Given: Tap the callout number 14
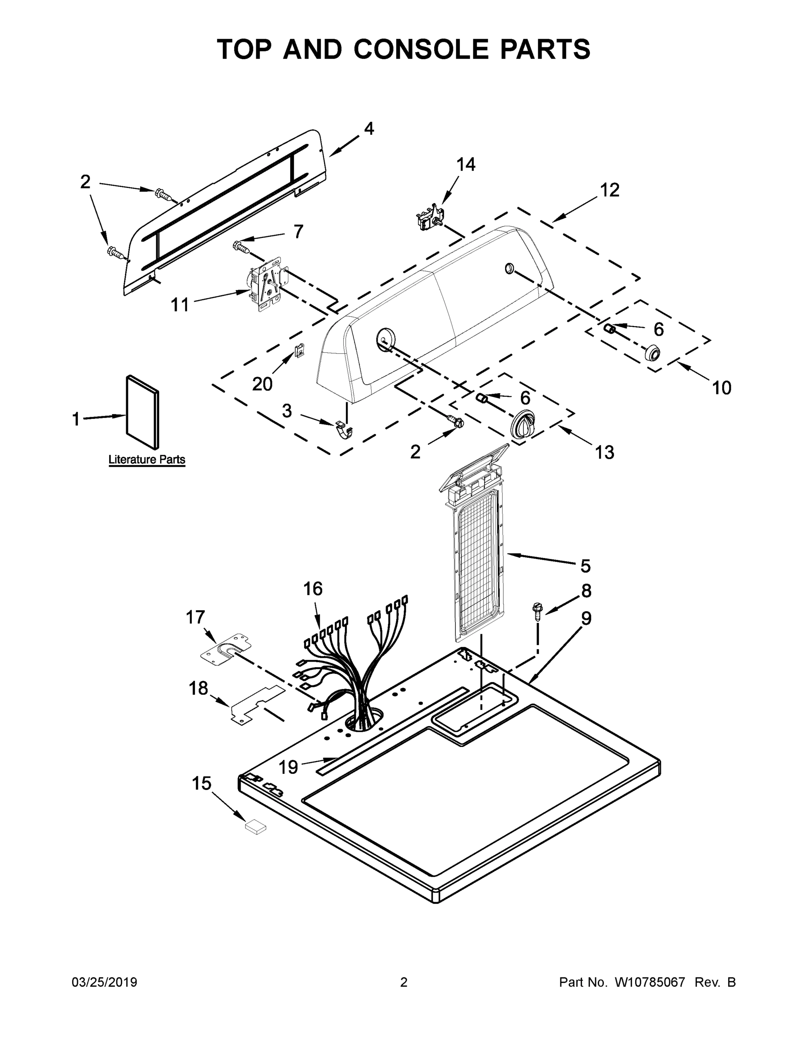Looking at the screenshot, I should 465,164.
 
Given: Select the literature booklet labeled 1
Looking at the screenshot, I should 142,412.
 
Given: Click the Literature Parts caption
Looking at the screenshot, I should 147,460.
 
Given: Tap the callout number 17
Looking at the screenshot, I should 195,617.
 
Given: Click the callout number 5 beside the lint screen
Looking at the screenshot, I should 585,566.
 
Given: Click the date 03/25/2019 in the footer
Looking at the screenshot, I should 104,982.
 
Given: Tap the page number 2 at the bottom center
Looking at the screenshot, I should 404,982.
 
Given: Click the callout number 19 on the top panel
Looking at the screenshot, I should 288,767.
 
